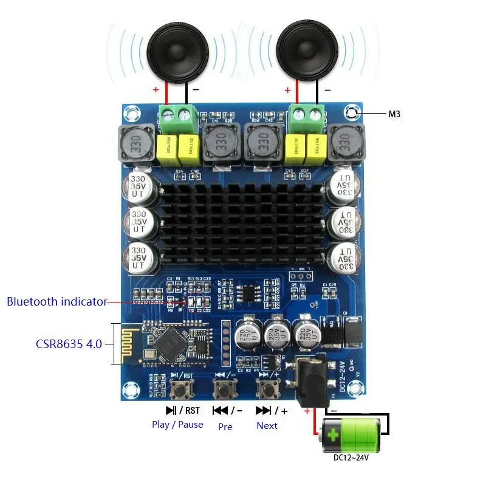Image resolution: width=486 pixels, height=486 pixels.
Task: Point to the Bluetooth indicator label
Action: click(x=57, y=301)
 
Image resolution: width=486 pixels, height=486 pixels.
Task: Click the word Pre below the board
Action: click(x=225, y=426)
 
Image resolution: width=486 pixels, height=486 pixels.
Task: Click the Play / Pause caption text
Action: click(x=177, y=425)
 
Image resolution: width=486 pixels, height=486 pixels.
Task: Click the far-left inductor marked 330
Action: click(x=135, y=144)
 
